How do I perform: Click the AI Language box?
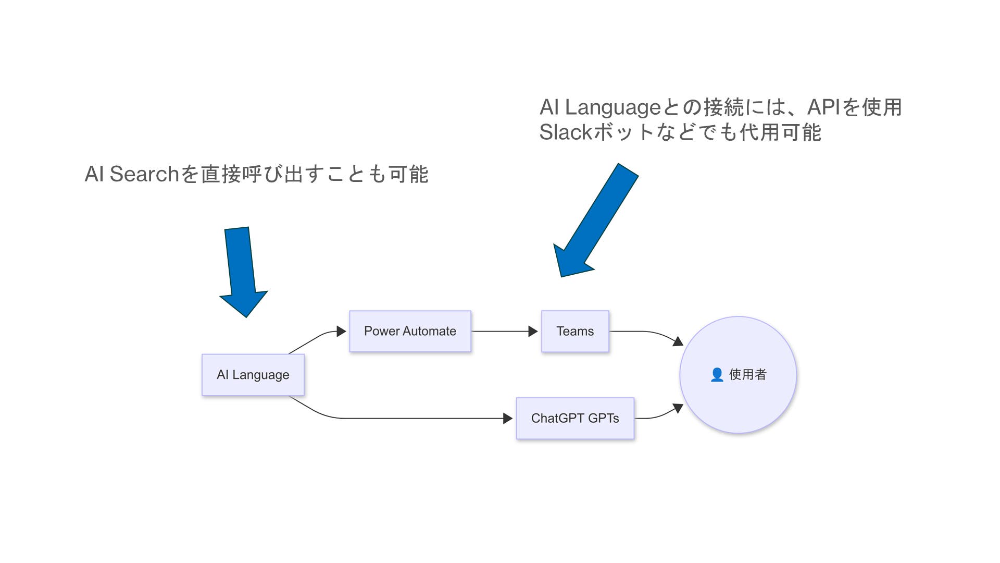click(253, 375)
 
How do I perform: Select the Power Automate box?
click(410, 332)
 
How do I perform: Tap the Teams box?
click(575, 332)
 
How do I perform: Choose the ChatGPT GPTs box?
click(575, 419)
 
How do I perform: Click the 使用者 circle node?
click(738, 396)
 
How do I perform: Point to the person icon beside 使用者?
click(717, 375)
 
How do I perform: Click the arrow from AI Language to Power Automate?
click(318, 338)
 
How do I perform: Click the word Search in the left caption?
click(144, 174)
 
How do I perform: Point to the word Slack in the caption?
click(566, 132)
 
